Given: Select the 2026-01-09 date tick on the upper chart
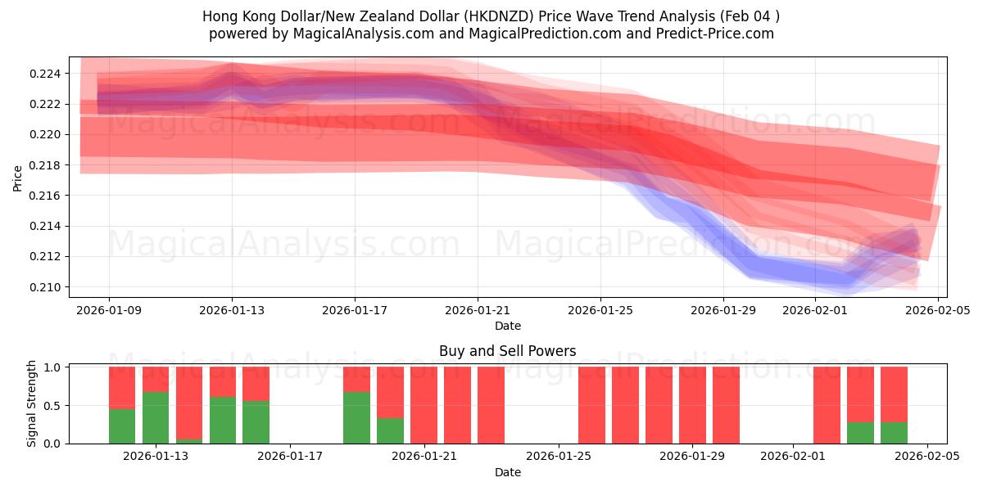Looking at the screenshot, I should tap(109, 310).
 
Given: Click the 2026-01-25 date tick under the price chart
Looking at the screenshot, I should tap(600, 310).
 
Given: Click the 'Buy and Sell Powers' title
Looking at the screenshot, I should tap(507, 351).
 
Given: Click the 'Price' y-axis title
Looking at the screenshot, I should tap(18, 177).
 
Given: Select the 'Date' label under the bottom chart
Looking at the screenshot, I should tap(507, 472).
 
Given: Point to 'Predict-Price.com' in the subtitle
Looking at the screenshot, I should tap(715, 34).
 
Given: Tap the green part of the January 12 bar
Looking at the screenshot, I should tap(122, 426).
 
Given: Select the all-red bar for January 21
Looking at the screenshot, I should tap(424, 405).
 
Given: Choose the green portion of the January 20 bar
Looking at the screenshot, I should tap(390, 430).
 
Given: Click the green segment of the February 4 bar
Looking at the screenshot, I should tap(894, 432).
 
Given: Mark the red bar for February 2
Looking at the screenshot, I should tap(827, 405).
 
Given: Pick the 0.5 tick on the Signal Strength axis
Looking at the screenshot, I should tap(54, 406).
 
